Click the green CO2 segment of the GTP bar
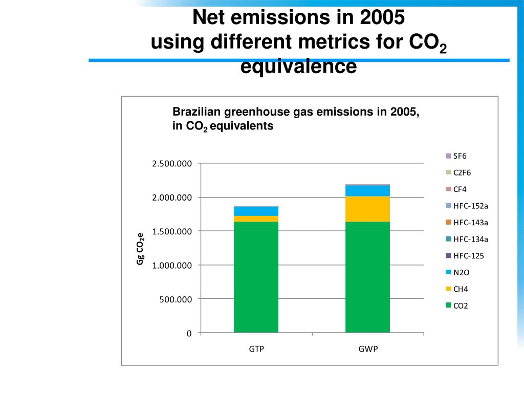[x=256, y=277]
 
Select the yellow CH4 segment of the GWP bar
[x=367, y=209]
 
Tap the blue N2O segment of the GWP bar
[x=367, y=190]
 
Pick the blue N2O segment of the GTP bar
[x=256, y=211]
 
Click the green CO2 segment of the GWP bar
[x=367, y=277]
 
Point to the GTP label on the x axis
[x=256, y=349]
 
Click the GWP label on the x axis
[x=368, y=349]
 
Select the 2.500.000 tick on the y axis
[x=171, y=164]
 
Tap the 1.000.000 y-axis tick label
[x=171, y=265]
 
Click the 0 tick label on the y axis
[x=189, y=333]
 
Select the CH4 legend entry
[x=461, y=289]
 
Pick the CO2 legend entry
[x=461, y=306]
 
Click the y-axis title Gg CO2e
[x=140, y=249]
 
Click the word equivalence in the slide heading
[x=298, y=67]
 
